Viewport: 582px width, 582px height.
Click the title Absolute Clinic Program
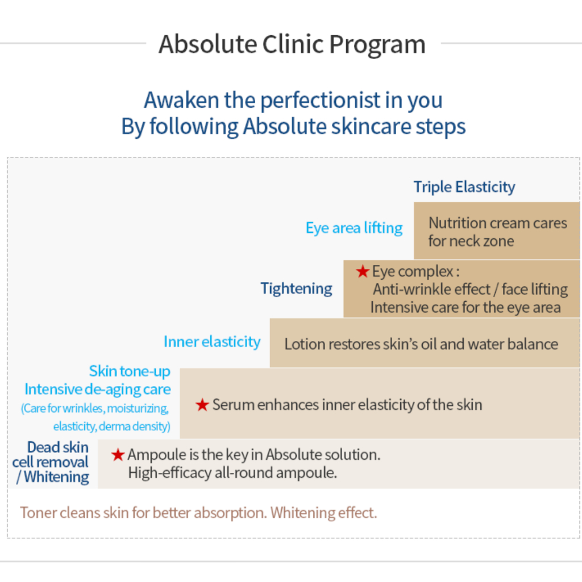(292, 44)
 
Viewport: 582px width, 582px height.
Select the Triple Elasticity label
(464, 186)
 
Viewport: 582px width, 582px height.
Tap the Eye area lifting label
(354, 228)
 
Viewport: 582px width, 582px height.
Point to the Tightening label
(296, 289)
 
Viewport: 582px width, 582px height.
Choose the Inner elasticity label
(212, 342)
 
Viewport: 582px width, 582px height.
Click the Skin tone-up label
(130, 371)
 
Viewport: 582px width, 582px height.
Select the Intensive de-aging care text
(98, 389)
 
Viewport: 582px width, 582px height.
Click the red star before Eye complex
(363, 271)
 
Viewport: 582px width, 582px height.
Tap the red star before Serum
(202, 405)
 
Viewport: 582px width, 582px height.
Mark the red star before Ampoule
(118, 455)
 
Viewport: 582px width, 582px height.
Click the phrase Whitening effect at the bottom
(323, 513)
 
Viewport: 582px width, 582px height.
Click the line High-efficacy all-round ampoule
(232, 473)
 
